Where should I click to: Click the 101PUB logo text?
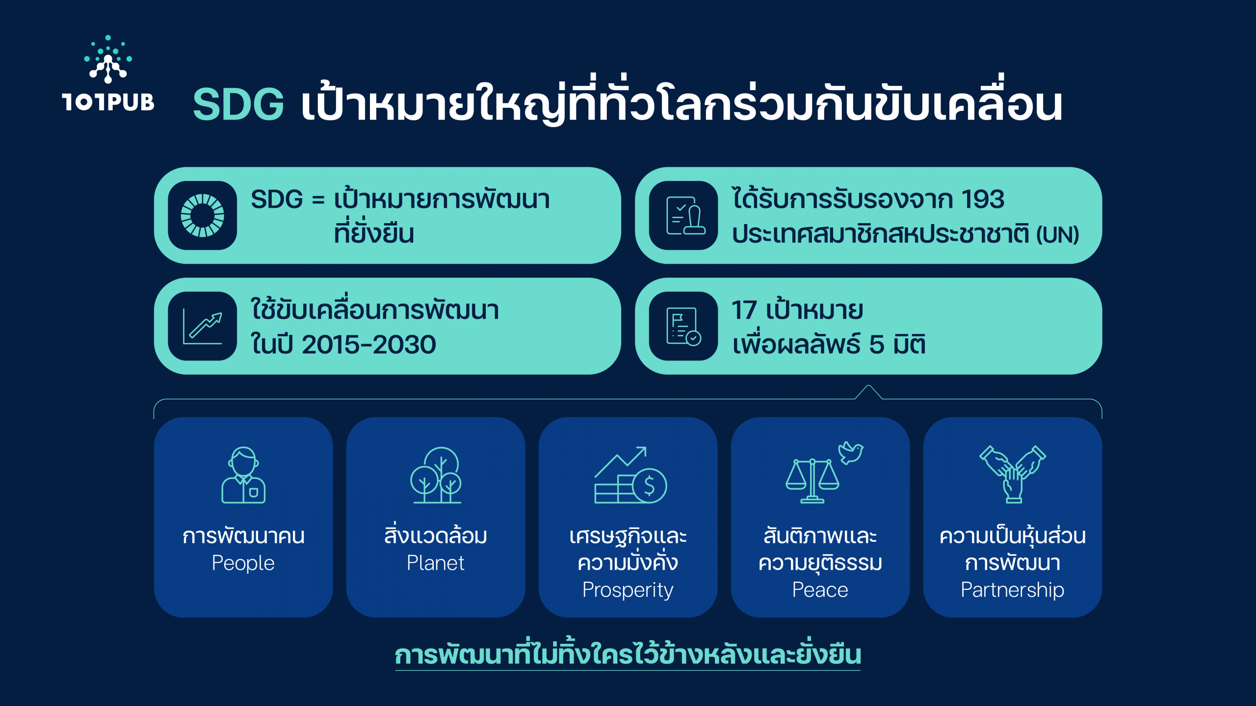108,102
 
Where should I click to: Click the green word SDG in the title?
238,104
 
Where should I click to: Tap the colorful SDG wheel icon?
202,216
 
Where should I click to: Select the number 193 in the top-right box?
982,199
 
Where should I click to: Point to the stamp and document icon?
685,216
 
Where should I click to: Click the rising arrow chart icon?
203,326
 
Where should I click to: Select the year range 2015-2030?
369,344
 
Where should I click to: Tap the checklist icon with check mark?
683,326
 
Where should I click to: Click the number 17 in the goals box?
744,310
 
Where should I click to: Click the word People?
243,563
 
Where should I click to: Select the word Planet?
435,563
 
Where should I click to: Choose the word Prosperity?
628,590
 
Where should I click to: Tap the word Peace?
820,590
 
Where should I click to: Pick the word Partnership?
1012,590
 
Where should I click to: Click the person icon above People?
243,475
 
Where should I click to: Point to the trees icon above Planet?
436,475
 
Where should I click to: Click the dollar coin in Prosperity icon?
650,486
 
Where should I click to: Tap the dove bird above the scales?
850,452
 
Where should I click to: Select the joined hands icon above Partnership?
1013,474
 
